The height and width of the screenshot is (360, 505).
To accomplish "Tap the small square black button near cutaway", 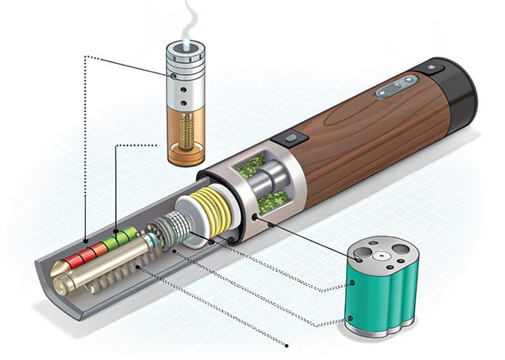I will (288, 138).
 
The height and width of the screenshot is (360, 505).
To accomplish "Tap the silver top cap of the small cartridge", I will (187, 63).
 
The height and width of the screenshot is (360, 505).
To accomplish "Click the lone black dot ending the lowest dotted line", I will (289, 345).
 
